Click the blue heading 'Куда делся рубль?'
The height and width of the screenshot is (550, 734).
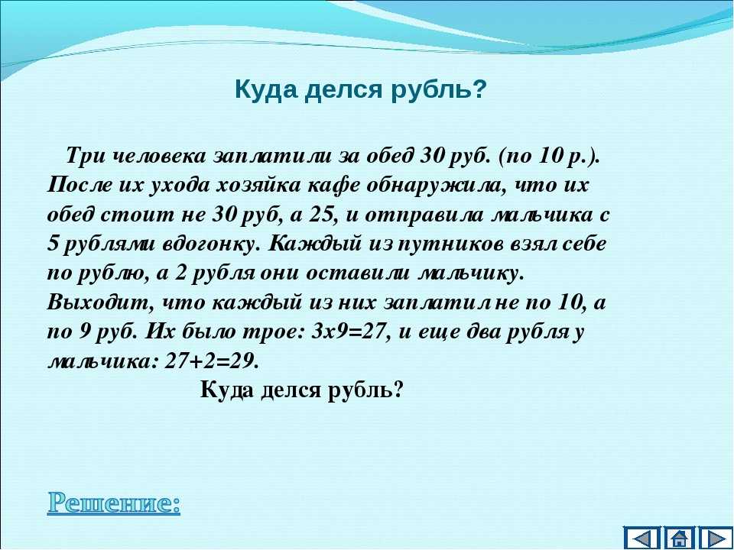pyautogui.click(x=361, y=89)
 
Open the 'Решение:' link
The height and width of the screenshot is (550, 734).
pyautogui.click(x=114, y=503)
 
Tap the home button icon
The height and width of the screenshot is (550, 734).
pyautogui.click(x=679, y=538)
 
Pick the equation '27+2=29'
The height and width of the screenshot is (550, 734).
pyautogui.click(x=211, y=361)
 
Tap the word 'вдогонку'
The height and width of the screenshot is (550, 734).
pyautogui.click(x=212, y=244)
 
